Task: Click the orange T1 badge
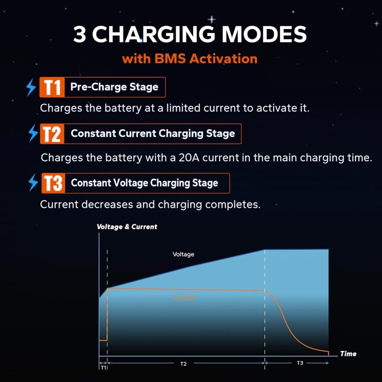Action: pos(52,87)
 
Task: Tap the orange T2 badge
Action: pos(52,134)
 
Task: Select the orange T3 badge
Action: pos(53,183)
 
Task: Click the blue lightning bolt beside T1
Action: pos(31,87)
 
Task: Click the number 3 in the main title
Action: pos(79,34)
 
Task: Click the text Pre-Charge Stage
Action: pos(114,87)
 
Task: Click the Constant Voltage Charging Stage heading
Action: pos(144,183)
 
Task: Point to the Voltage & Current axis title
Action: pos(127,227)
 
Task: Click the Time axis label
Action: pos(348,354)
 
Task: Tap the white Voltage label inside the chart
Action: pos(183,254)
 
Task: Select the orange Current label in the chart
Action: pos(184,298)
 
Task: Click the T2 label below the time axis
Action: pos(183,364)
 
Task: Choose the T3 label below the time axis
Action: pos(300,363)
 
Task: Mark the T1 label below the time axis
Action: pos(103,368)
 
